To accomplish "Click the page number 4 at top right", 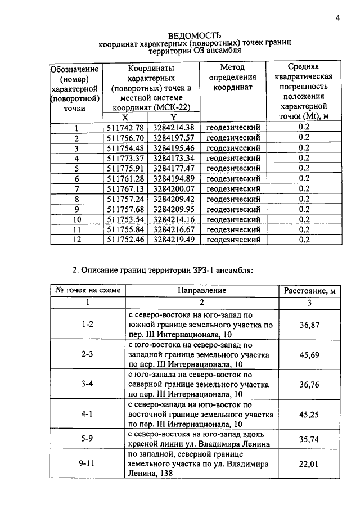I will click(338, 17).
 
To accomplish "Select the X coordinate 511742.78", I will click(125, 128).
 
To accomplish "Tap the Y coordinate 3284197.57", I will click(174, 138).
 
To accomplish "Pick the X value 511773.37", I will click(125, 158).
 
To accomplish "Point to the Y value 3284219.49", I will click(174, 239).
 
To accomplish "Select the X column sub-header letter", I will click(125, 118).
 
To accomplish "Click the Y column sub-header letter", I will click(174, 118).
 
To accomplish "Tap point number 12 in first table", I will click(77, 239).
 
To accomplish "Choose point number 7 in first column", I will click(77, 188).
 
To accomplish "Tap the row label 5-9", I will click(87, 438).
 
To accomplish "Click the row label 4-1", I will click(87, 413).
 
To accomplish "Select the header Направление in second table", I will click(202, 291).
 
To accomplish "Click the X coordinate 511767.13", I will click(125, 188).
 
